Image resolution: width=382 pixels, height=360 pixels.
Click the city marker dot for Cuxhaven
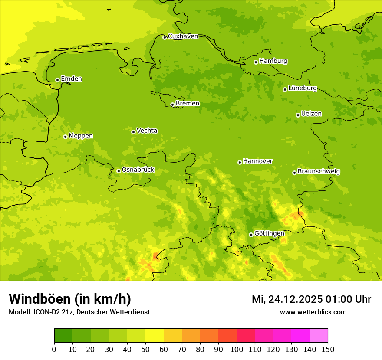(x=165, y=37)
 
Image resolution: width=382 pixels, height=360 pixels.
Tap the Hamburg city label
(x=273, y=61)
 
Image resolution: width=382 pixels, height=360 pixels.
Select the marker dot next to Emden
(x=57, y=80)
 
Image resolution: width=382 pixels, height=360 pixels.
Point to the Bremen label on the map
(x=188, y=104)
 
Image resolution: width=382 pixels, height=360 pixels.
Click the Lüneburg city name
(x=302, y=88)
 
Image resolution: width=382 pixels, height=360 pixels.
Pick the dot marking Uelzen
(x=298, y=115)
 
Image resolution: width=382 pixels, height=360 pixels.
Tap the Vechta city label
(x=147, y=131)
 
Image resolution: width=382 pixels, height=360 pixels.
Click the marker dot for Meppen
(x=65, y=137)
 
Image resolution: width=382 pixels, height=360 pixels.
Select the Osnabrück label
(x=138, y=170)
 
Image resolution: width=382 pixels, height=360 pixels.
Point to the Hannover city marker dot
(x=240, y=162)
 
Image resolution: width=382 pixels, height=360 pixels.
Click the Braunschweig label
(x=319, y=172)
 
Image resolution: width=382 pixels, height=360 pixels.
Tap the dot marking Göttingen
(x=251, y=235)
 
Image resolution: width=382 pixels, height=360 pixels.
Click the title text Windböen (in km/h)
(x=70, y=299)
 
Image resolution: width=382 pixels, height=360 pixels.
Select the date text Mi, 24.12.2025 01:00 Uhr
(x=311, y=299)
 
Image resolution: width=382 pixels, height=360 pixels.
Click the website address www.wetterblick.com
(x=313, y=312)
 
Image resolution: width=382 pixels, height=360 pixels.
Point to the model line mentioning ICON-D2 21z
(x=79, y=312)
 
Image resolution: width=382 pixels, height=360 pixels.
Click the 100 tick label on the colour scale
(x=237, y=349)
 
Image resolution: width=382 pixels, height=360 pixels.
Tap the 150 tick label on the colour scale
(x=328, y=349)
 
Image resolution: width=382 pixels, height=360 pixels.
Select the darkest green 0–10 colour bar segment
(x=63, y=336)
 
